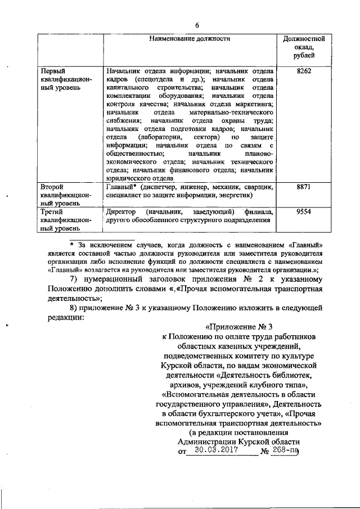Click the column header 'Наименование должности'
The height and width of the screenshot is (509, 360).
190,39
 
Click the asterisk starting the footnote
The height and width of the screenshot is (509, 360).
71,245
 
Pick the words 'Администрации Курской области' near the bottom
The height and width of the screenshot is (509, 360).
240,442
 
